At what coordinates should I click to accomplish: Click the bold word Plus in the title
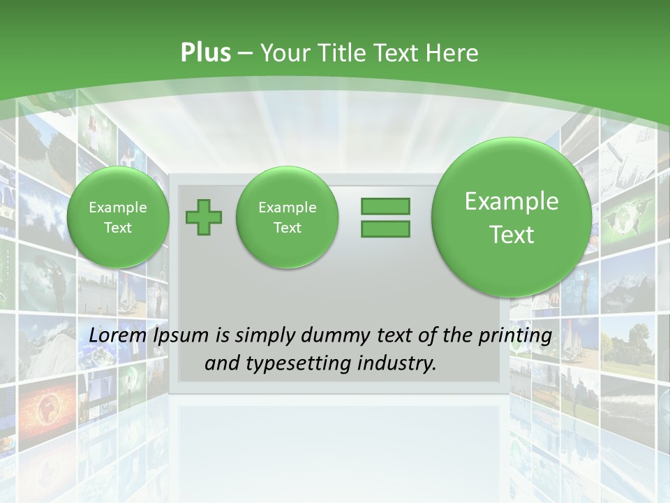click(x=205, y=53)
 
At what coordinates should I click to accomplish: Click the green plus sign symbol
click(x=204, y=217)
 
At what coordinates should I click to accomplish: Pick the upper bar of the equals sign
click(x=385, y=206)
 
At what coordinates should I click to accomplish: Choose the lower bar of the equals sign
click(x=385, y=228)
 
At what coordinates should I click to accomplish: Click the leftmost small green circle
click(x=118, y=217)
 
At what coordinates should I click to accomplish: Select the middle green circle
click(x=287, y=217)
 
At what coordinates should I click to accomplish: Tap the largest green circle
click(x=512, y=217)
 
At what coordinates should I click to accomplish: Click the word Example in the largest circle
click(x=512, y=201)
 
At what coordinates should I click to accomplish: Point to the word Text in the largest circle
click(x=512, y=235)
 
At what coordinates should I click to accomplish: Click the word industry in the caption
click(x=399, y=364)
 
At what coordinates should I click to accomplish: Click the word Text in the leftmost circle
click(x=118, y=228)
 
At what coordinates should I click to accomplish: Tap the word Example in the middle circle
click(x=287, y=207)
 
